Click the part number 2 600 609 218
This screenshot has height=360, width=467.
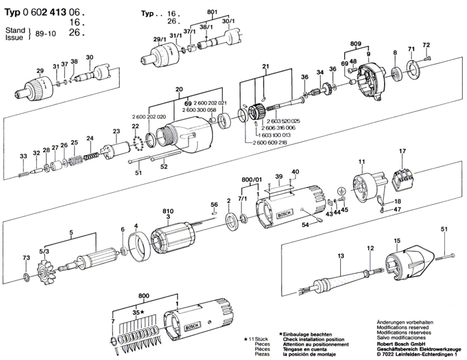click(270, 142)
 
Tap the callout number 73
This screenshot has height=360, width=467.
click(27, 258)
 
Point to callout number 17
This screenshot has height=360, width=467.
click(402, 151)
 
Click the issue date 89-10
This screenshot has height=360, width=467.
click(46, 34)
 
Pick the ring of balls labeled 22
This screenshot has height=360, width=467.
click(138, 143)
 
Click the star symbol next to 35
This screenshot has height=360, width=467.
click(142, 312)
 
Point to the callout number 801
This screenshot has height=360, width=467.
click(212, 12)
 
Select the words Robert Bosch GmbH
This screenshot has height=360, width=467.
click(401, 344)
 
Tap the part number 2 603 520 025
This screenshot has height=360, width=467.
click(283, 121)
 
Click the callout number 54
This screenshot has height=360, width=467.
click(305, 225)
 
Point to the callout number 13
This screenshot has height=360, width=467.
click(341, 256)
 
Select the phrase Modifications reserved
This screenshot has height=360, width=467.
click(402, 327)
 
